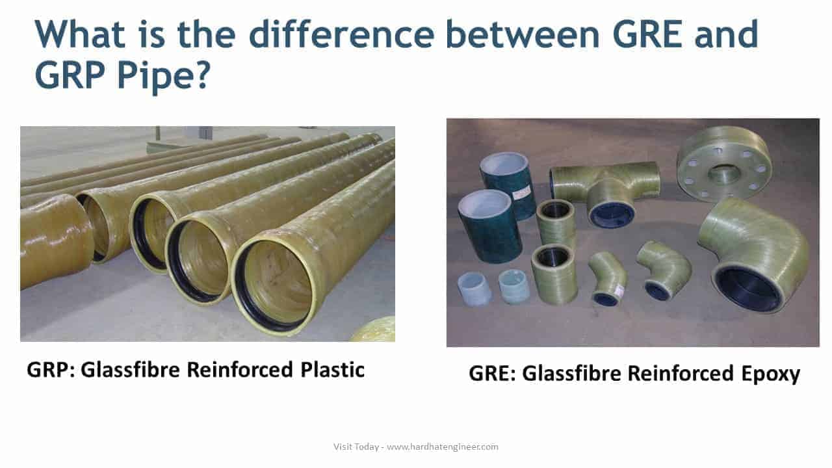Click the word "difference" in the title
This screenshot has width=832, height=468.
pos(341,34)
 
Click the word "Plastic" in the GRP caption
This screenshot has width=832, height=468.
pos(332,370)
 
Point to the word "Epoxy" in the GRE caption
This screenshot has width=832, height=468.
pos(771,374)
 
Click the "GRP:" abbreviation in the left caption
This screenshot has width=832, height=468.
pos(51,370)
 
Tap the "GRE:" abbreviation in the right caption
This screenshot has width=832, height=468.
pos(493,374)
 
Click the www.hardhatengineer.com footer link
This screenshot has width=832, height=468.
pos(443,447)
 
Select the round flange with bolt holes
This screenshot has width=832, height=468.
pos(723,163)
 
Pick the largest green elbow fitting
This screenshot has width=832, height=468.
pos(754,253)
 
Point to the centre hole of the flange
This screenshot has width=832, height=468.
pos(725,174)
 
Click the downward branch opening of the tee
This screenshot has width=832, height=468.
pos(612,214)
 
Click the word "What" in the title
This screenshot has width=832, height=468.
pos(80,34)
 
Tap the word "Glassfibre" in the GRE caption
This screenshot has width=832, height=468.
pos(571,374)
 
